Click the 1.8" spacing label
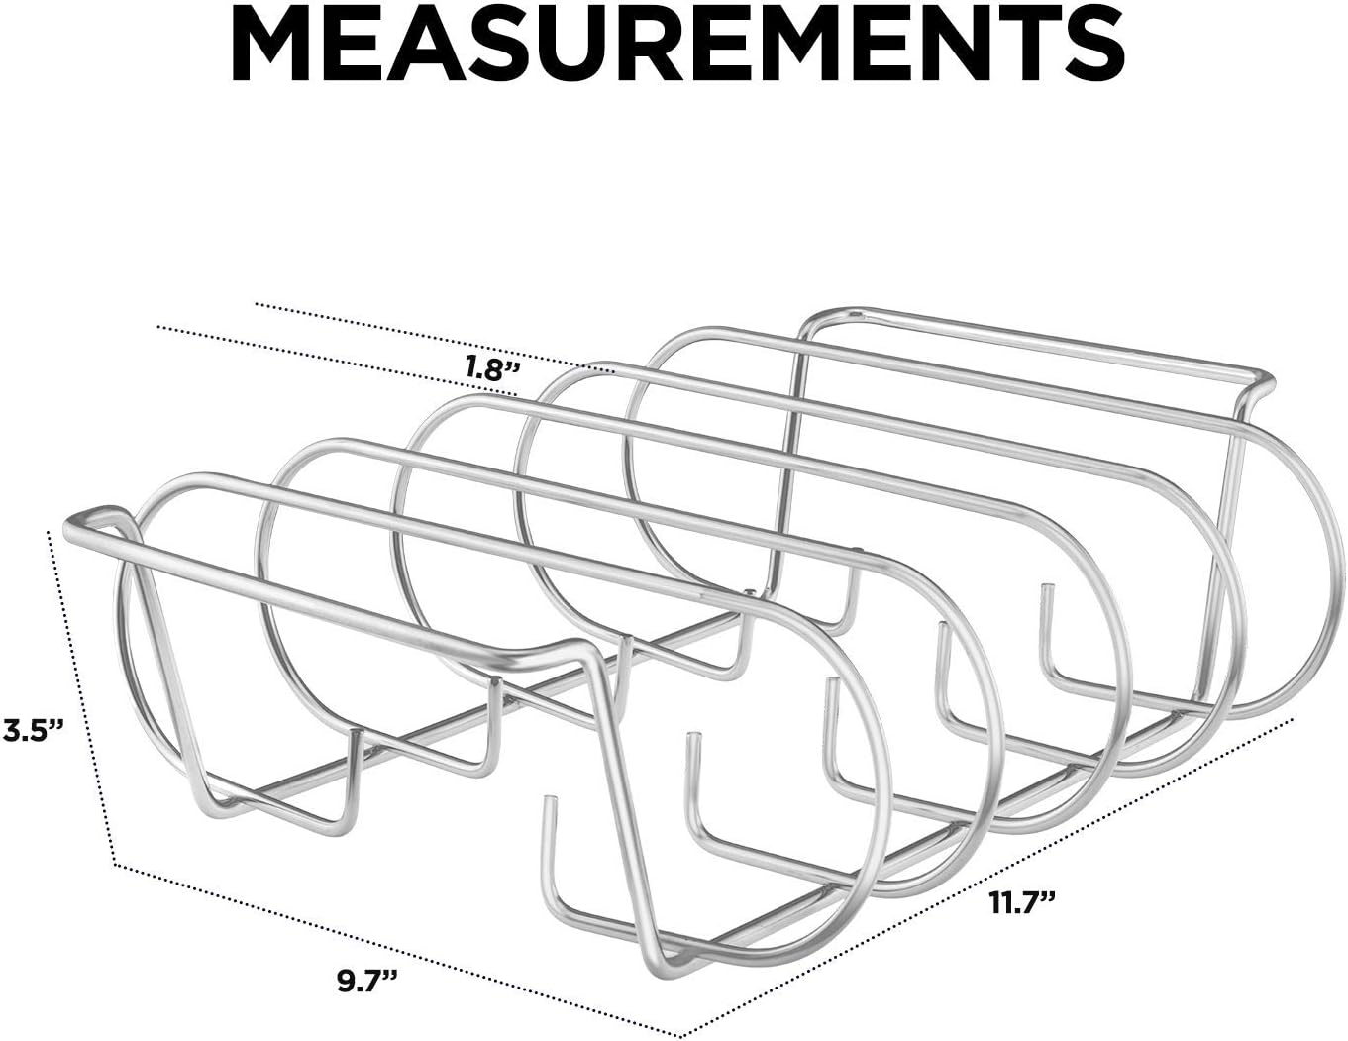[x=492, y=368]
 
